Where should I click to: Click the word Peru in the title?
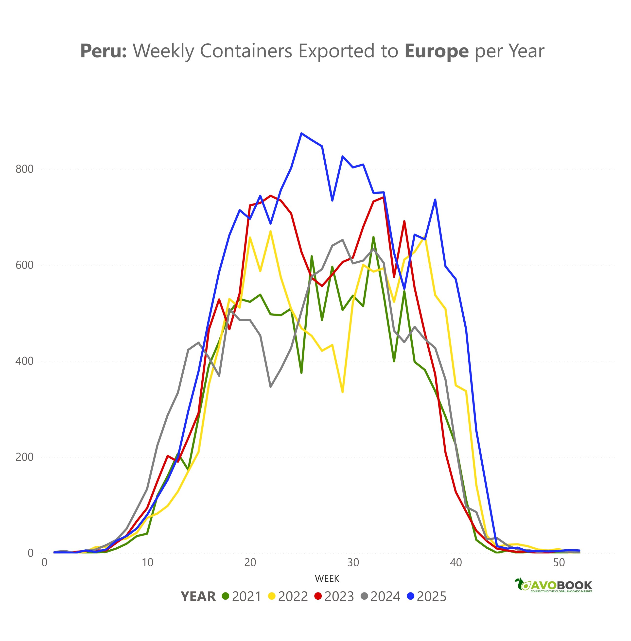103,51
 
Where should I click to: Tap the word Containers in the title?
245,51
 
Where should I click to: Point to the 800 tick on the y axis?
24,169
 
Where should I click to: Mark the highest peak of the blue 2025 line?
301,133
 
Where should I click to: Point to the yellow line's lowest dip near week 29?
343,392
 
